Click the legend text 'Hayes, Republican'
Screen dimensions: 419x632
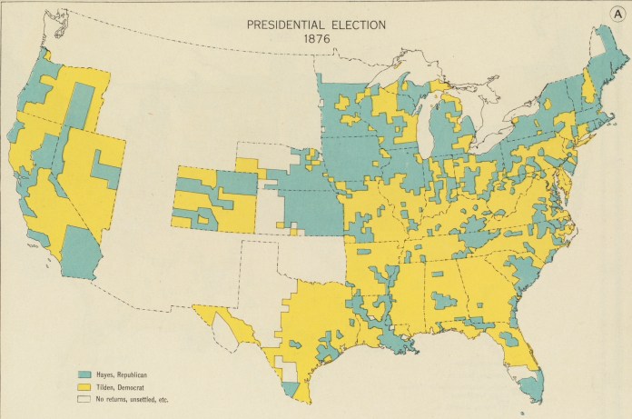[123, 374]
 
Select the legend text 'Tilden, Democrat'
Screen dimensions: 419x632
[122, 386]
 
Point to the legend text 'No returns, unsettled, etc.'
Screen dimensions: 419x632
[134, 398]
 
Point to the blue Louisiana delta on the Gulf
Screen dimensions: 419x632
[400, 344]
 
